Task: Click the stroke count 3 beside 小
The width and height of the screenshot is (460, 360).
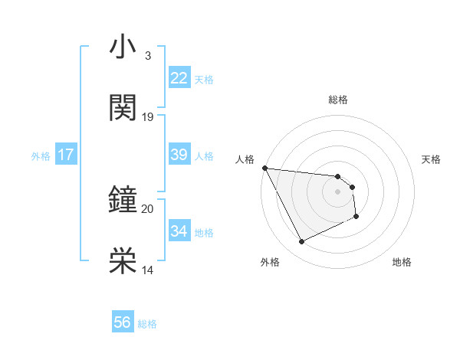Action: click(x=147, y=57)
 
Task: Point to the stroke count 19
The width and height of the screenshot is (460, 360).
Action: click(x=148, y=117)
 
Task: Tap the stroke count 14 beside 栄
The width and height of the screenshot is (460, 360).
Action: click(x=148, y=270)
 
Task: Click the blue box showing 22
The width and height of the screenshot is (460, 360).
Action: click(x=179, y=78)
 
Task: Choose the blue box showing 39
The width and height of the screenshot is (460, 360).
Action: click(x=179, y=155)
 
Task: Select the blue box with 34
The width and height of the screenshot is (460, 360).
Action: click(x=179, y=231)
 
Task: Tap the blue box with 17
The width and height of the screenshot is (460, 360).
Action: click(x=66, y=155)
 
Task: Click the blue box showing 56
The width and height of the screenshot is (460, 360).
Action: click(x=123, y=322)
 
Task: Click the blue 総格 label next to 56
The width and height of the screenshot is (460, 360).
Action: click(x=147, y=324)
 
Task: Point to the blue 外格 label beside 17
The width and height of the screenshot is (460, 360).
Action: click(x=41, y=156)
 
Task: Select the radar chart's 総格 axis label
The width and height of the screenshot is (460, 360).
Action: click(x=338, y=100)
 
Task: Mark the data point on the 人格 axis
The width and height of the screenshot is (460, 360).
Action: click(x=264, y=168)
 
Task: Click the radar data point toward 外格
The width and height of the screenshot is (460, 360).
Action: click(x=301, y=242)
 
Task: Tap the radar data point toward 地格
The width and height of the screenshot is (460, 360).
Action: click(x=356, y=217)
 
